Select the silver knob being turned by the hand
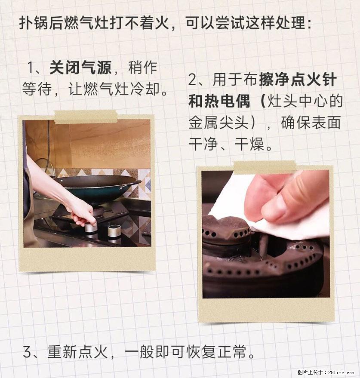click(x=90, y=226)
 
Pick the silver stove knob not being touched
click(x=114, y=233)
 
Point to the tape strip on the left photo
click(x=86, y=117)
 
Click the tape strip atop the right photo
click(x=264, y=167)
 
